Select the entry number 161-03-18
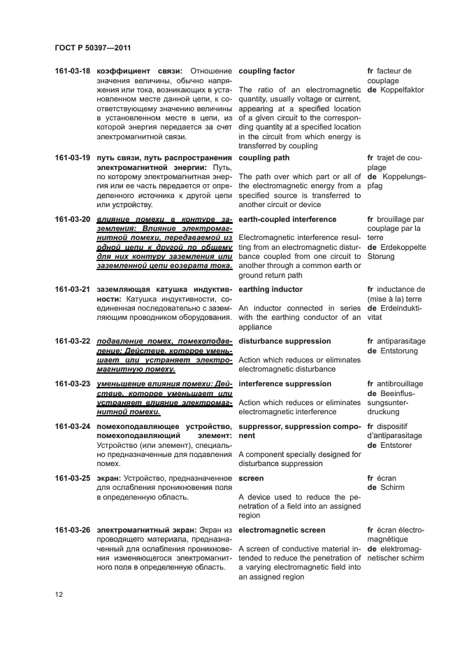tap(73, 71)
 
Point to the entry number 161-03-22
tap(73, 341)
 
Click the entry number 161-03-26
tap(73, 530)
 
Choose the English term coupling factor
tap(266, 71)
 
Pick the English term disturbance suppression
tap(284, 341)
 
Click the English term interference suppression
tap(284, 383)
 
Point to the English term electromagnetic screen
tap(282, 530)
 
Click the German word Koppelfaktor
tap(400, 90)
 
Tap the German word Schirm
tap(394, 487)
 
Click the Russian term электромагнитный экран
tap(141, 530)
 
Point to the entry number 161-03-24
tap(73, 426)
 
